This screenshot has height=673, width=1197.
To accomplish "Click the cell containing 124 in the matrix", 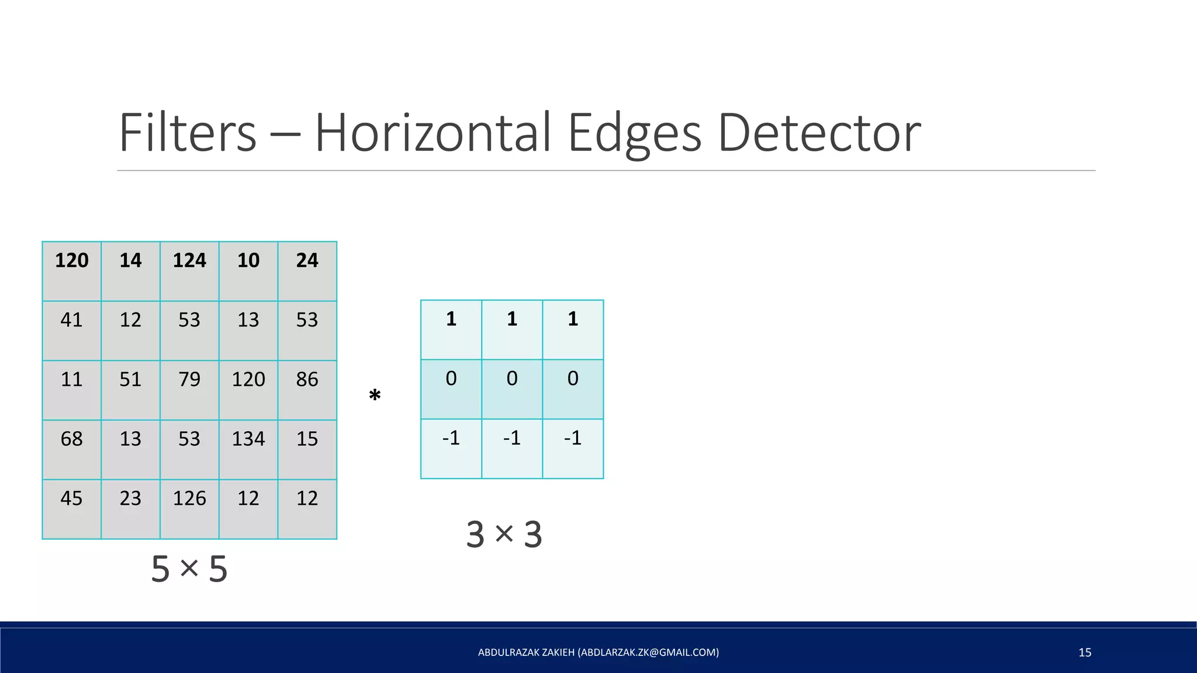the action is [x=189, y=271].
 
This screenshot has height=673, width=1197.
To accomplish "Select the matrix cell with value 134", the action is [x=248, y=449].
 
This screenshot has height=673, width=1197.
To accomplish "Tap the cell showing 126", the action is [x=189, y=509].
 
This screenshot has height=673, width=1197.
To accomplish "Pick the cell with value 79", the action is [x=189, y=390].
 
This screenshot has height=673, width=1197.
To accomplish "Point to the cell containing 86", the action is [x=307, y=390].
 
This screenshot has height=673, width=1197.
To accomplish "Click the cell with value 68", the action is [x=71, y=449].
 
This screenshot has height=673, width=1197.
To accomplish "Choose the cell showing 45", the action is [x=71, y=509].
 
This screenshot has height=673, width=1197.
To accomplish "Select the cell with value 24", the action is [x=307, y=271].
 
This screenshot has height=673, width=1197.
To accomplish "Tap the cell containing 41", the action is [x=71, y=330].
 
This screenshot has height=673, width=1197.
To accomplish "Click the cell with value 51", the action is [x=130, y=390].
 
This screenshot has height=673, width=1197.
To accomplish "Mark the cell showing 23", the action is [x=130, y=509].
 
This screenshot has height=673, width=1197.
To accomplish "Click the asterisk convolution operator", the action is [x=375, y=396].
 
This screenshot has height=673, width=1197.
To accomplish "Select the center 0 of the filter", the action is [x=512, y=389].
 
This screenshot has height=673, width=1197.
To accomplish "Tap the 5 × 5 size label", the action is [x=189, y=569].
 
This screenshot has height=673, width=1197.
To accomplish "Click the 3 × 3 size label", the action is [x=504, y=535].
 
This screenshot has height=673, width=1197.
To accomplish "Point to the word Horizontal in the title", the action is [x=433, y=133].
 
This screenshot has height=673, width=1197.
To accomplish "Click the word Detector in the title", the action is [x=819, y=133].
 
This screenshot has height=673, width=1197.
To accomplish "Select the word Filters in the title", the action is [x=188, y=133].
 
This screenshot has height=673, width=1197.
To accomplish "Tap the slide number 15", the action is [x=1085, y=653].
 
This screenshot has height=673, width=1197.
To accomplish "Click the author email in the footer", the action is [x=648, y=653].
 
